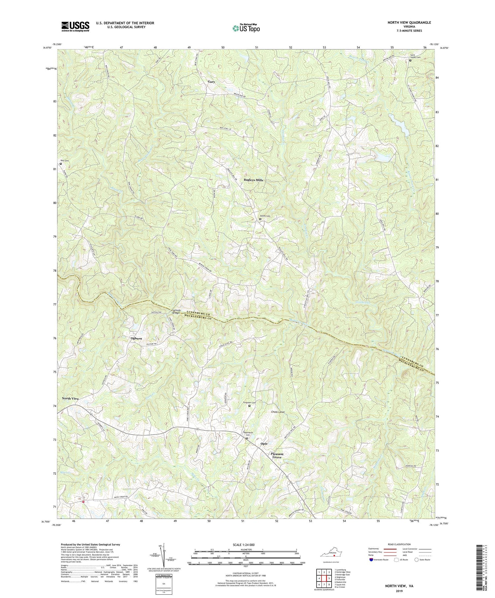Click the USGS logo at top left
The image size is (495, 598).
click(75, 26)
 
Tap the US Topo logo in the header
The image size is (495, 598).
click(246, 28)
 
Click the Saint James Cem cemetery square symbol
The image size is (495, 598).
click(410, 61)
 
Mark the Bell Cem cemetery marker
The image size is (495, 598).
click(61, 163)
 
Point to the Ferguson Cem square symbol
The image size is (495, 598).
click(249, 406)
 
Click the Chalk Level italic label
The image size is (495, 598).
click(278, 412)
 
